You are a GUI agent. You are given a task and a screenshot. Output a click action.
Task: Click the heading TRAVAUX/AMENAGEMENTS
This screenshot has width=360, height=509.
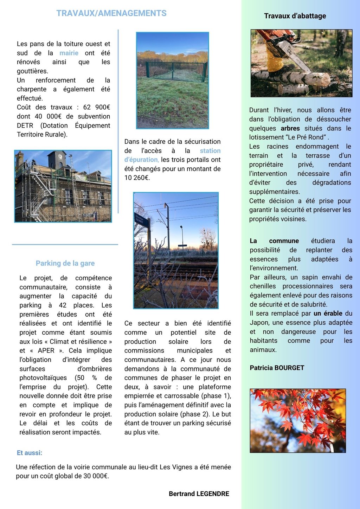coord(111,13)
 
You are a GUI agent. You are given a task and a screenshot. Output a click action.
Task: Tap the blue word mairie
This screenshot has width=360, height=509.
coord(69,53)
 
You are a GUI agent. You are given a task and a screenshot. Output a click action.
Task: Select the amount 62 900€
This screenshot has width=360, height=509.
coord(96,107)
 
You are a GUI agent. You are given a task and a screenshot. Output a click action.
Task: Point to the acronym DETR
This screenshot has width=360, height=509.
coord(25,125)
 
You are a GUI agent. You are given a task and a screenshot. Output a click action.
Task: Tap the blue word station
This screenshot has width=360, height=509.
coord(210,151)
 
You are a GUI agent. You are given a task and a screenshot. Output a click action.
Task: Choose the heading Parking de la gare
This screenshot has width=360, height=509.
coord(65,263)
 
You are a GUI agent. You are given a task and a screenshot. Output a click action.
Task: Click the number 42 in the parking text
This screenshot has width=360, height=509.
coord(63,305)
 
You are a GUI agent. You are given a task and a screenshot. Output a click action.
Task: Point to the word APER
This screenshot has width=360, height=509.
coord(46,350)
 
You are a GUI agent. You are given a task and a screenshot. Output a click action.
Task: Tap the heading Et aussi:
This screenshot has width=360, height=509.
coord(30,453)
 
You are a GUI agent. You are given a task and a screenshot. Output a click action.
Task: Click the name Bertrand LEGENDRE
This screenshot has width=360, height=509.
coord(199,494)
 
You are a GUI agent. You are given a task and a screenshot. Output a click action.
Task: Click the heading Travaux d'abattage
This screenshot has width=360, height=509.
coord(295,16)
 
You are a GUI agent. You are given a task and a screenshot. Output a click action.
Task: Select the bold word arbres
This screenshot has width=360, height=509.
coord(290,128)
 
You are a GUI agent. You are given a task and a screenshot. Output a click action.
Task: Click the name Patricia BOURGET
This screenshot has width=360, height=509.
coord(277,368)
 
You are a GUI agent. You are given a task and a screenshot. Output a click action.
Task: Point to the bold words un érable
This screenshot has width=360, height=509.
coord(328,313)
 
